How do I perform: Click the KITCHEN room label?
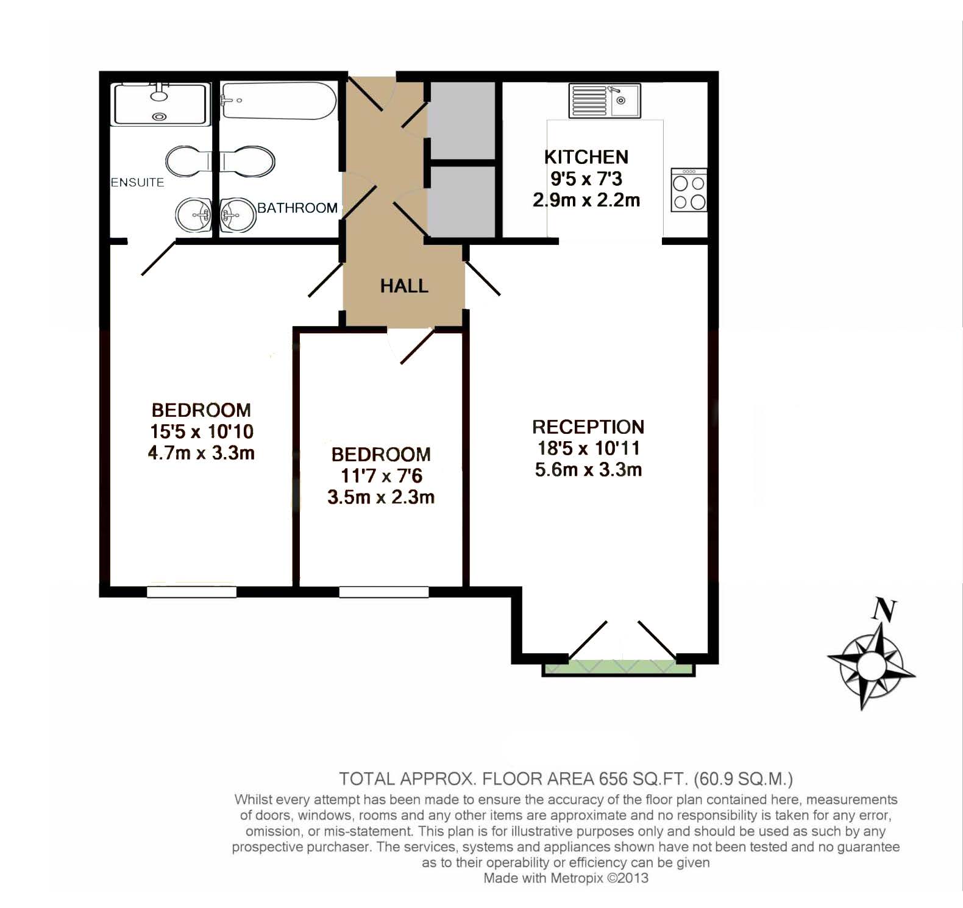[586, 157]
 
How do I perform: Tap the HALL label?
[404, 286]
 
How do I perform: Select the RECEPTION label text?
[588, 427]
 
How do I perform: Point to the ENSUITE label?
[137, 182]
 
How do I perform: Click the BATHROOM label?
[297, 208]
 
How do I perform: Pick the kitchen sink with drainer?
[604, 101]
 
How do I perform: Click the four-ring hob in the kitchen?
[689, 191]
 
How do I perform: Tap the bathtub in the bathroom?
[279, 101]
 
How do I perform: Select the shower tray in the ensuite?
[160, 104]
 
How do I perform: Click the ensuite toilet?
[186, 161]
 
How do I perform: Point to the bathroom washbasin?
[238, 215]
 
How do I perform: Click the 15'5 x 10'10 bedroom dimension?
[202, 431]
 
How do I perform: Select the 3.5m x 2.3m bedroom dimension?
[381, 497]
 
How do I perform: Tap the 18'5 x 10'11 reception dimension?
[588, 448]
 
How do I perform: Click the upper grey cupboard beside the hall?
[461, 120]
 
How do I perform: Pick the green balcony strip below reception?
[618, 669]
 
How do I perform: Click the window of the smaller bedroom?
[384, 592]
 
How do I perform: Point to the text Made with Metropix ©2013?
[566, 878]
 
